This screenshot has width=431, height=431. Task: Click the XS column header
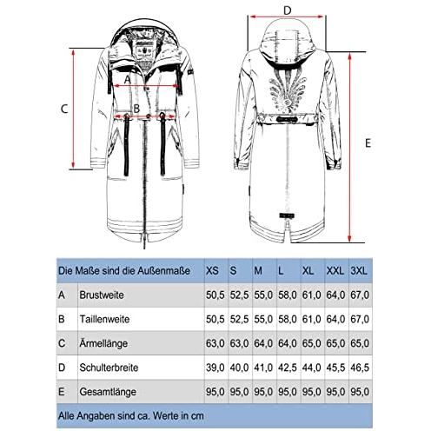coord(212,271)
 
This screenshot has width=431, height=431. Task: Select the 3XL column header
coord(359,271)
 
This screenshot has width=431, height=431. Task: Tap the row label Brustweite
coord(102,295)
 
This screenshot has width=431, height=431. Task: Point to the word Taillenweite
coord(104,319)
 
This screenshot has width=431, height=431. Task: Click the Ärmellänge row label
coord(103,343)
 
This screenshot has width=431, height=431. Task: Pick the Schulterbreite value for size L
coord(288,368)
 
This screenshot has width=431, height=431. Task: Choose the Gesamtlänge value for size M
coord(263,392)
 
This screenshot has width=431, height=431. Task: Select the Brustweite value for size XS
coord(215,295)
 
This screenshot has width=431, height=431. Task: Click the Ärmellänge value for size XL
coord(311,343)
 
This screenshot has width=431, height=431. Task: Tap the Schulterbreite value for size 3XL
coord(360,368)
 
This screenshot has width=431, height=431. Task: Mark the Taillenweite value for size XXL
coord(335,319)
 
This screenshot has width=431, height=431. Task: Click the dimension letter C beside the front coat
coord(64,109)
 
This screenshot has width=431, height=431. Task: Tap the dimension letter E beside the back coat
coord(368,143)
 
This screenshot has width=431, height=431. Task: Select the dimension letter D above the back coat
coord(287,10)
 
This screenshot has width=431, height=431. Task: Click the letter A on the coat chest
coord(128,80)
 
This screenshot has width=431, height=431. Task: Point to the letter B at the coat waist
coord(136,109)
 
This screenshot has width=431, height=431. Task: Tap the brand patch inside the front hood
coord(143,50)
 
